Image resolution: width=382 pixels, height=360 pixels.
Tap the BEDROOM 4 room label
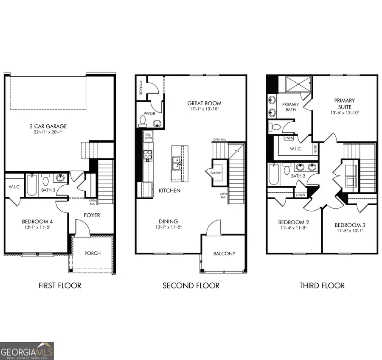tap(37, 221)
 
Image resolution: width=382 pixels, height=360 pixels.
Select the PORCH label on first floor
tap(93, 253)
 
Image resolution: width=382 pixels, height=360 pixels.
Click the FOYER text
tap(92, 215)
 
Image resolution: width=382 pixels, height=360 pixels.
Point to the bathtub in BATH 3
tap(32, 185)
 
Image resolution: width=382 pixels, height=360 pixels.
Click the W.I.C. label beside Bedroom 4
tap(15, 186)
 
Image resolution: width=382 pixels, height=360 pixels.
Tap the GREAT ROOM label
tap(204, 103)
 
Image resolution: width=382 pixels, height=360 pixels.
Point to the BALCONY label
tap(224, 254)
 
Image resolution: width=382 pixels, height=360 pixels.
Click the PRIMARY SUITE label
tap(344, 103)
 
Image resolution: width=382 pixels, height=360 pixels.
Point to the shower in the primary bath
tap(298, 84)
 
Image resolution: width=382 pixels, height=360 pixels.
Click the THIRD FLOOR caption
tap(322, 285)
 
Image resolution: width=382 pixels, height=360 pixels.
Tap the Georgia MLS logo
tap(27, 351)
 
